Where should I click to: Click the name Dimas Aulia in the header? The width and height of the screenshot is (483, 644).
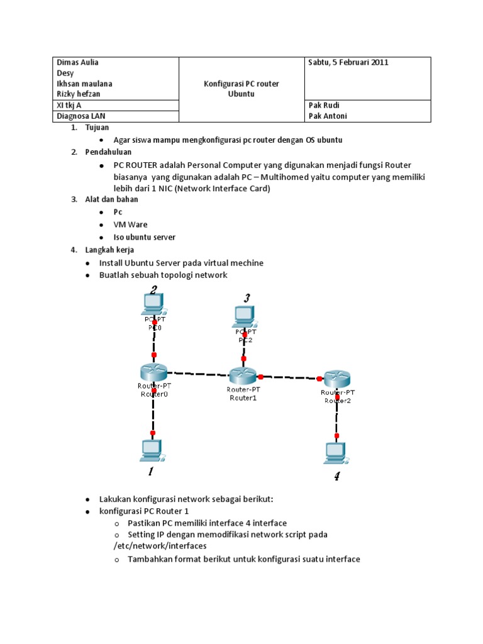point(77,62)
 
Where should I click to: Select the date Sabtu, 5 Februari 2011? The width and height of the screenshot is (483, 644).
point(348,62)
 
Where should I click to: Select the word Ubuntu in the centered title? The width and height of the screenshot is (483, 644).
point(241,94)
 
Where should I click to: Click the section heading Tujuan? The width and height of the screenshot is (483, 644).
point(97,127)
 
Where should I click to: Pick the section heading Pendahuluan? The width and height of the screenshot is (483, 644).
point(106,152)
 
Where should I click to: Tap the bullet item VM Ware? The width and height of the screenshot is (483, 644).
point(131,225)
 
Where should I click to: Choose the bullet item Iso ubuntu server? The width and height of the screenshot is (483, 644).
point(145,237)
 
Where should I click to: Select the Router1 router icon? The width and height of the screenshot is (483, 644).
point(242,376)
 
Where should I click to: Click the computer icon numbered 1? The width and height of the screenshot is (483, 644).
point(152,449)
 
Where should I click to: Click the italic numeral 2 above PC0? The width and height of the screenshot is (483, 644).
point(153,290)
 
